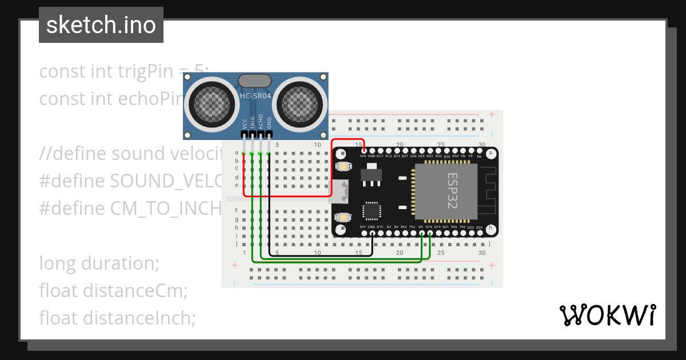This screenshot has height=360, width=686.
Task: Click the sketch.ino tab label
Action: [101, 25]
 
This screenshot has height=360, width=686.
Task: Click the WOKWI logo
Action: [608, 315]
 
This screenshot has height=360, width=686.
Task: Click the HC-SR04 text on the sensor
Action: [256, 97]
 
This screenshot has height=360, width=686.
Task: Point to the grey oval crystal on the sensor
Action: [256, 81]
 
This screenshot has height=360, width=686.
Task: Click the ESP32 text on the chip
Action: [452, 191]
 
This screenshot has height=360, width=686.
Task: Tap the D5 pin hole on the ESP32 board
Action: [421, 233]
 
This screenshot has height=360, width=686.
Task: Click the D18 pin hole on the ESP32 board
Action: [429, 233]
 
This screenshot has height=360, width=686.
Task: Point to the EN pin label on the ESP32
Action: [479, 156]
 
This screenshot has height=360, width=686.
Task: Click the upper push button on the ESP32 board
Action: [343, 166]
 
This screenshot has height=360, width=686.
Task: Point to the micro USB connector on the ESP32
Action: [341, 191]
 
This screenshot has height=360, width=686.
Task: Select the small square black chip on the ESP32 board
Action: [372, 211]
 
